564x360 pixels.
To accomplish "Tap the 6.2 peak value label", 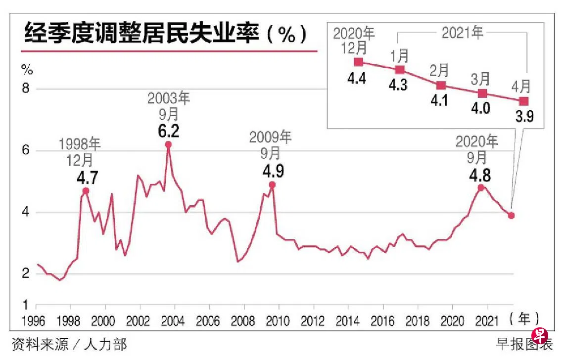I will pyautogui.click(x=169, y=131).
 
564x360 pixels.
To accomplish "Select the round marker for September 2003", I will pyautogui.click(x=168, y=144).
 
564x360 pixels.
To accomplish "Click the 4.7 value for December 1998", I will pyautogui.click(x=87, y=177).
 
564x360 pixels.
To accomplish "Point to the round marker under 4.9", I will pyautogui.click(x=272, y=185).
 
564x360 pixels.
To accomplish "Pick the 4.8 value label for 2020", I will pyautogui.click(x=480, y=175).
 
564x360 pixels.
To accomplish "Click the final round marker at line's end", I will pyautogui.click(x=511, y=215).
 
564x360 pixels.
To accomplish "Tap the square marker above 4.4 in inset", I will pyautogui.click(x=359, y=62).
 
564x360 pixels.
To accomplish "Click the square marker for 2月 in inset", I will pyautogui.click(x=441, y=85).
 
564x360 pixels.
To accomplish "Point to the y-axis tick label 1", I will pyautogui.click(x=26, y=305).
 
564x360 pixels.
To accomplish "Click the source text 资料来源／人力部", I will pyautogui.click(x=69, y=344).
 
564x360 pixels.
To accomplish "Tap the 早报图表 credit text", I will pyautogui.click(x=519, y=344).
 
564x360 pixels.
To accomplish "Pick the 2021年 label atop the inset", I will pyautogui.click(x=462, y=33).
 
